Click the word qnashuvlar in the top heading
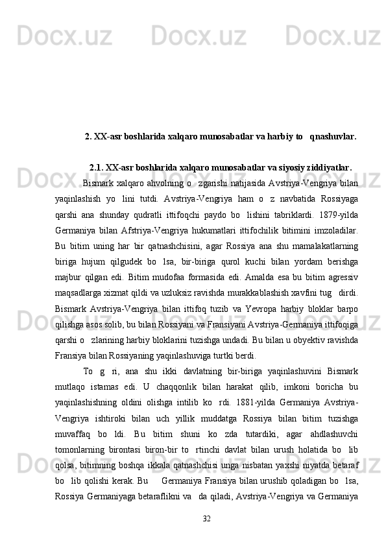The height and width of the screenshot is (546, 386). pos(333,137)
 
